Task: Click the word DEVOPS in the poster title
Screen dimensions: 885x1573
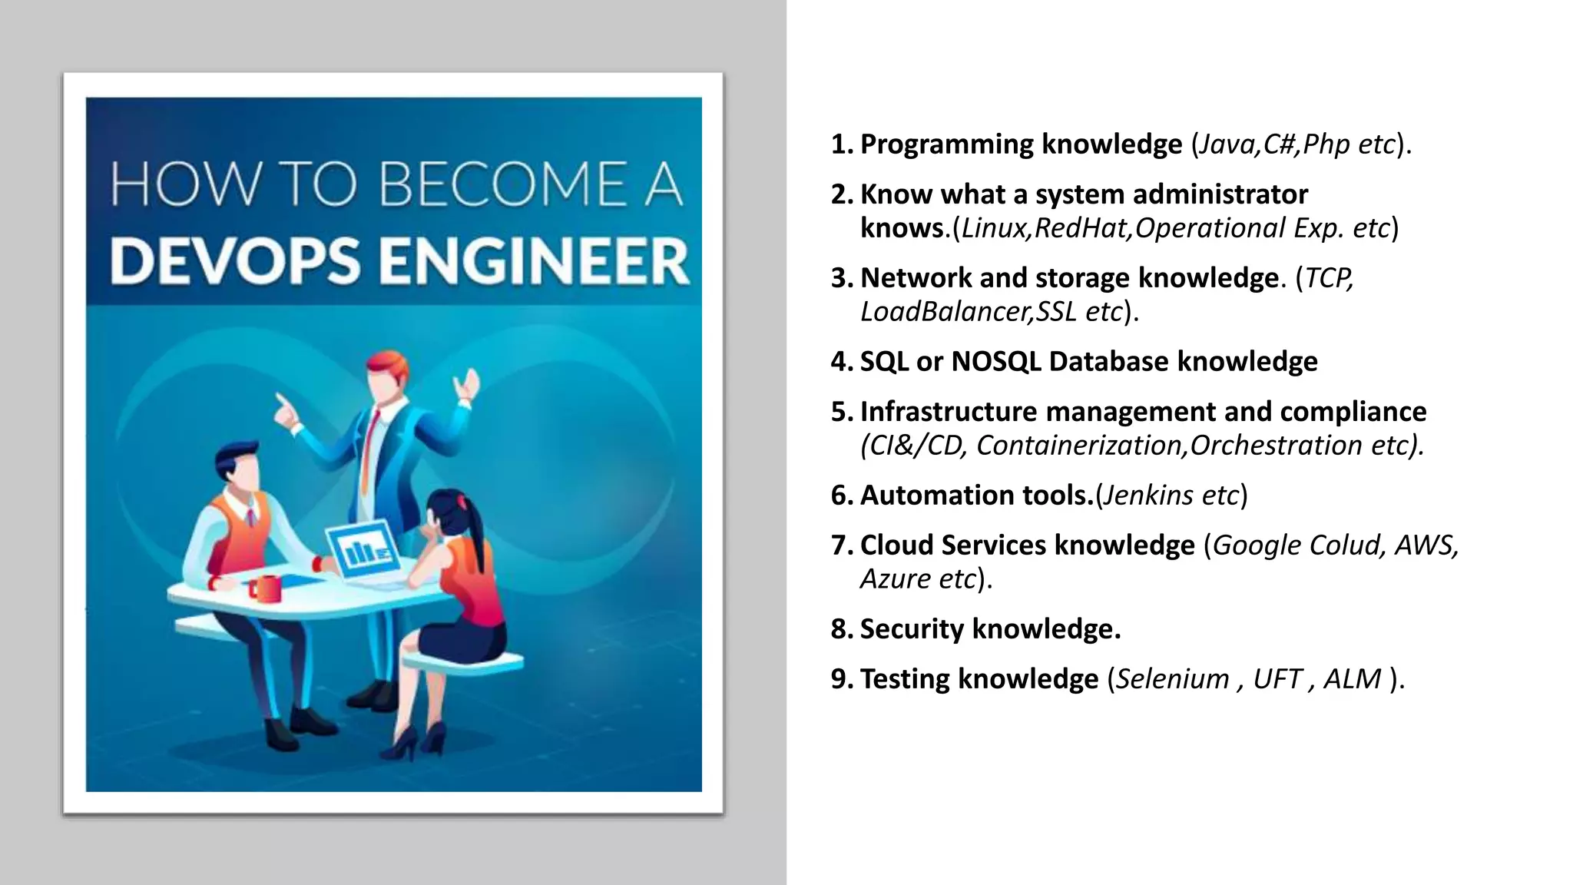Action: pyautogui.click(x=234, y=260)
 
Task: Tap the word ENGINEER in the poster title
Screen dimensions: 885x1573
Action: pyautogui.click(x=534, y=260)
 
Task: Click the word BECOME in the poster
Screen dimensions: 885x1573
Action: pyautogui.click(x=503, y=184)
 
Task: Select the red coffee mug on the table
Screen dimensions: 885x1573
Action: pyautogui.click(x=265, y=588)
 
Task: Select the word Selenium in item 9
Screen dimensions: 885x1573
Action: pyautogui.click(x=1172, y=679)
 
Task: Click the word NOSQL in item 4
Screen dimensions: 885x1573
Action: pyautogui.click(x=996, y=362)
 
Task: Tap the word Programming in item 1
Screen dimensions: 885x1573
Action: pyautogui.click(x=946, y=144)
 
